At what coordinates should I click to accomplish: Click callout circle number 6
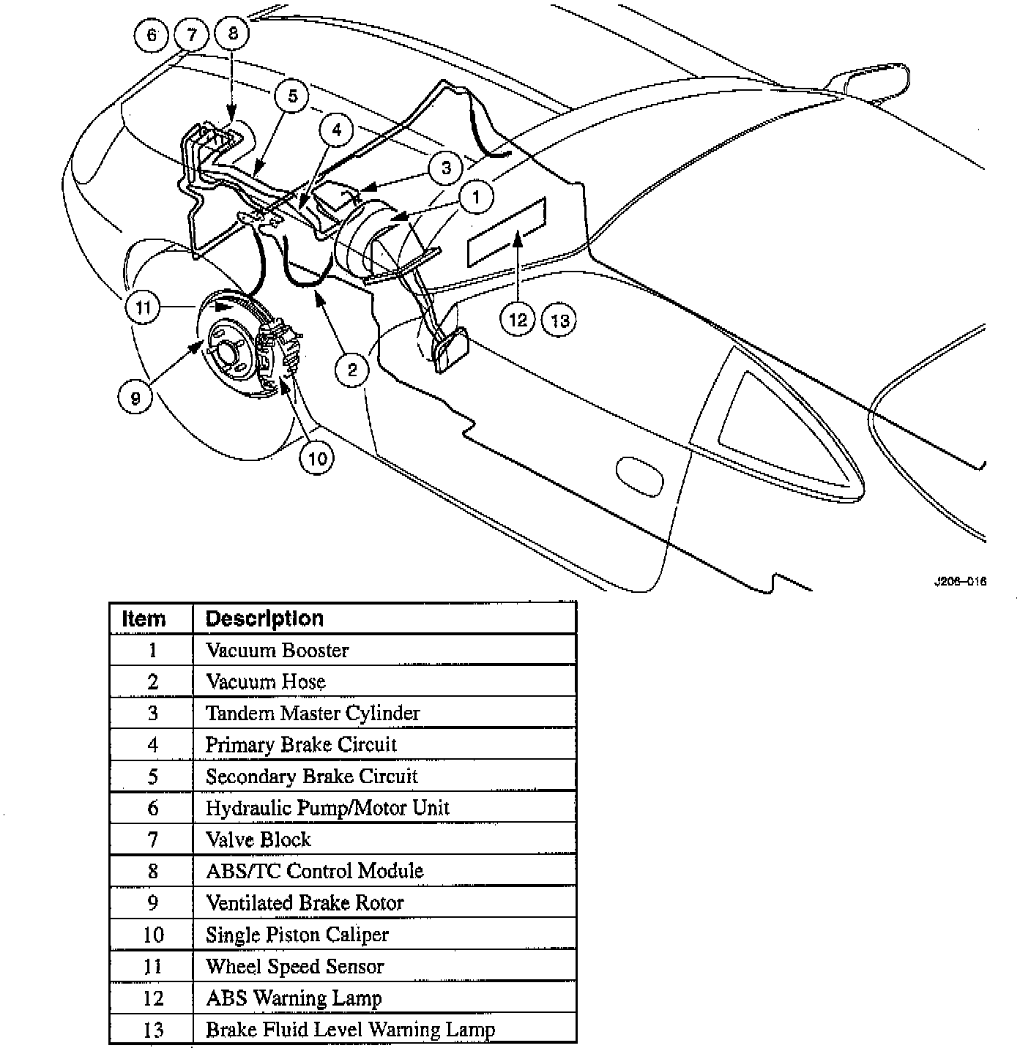click(152, 35)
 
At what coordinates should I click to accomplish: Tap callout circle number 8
click(233, 34)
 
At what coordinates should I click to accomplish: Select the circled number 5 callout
click(292, 97)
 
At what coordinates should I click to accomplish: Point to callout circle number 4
click(336, 131)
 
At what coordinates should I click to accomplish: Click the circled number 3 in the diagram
click(447, 168)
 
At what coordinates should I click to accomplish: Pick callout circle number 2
click(352, 370)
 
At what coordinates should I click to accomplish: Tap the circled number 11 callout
click(143, 307)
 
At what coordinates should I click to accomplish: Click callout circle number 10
click(316, 458)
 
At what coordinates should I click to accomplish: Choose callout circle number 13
click(559, 320)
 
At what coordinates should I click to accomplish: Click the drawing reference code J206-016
click(959, 581)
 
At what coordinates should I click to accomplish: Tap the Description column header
click(264, 618)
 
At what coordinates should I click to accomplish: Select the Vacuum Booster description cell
click(278, 650)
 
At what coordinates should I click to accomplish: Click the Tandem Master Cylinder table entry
click(313, 713)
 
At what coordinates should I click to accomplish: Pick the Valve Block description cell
click(258, 839)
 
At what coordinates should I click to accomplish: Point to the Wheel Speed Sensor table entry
click(294, 966)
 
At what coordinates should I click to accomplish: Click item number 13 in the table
click(152, 1029)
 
